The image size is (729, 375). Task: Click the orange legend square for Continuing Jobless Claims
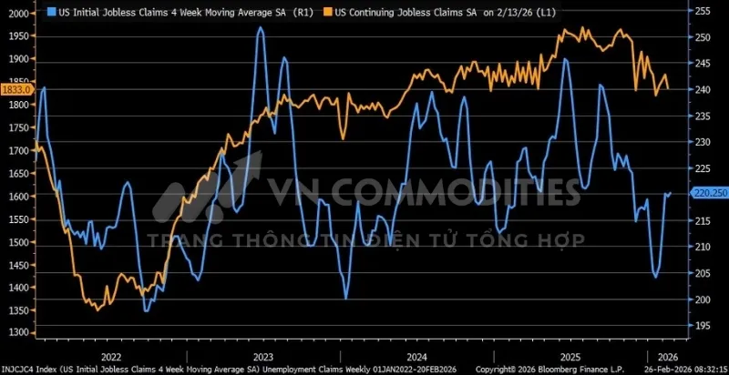(326, 13)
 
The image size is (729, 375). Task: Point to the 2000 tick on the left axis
(17, 13)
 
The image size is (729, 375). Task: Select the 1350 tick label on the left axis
(17, 310)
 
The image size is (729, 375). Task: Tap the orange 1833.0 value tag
(16, 90)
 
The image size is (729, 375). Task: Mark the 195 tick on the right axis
(703, 325)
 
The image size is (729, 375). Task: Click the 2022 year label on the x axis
(111, 356)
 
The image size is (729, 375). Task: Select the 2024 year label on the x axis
(416, 356)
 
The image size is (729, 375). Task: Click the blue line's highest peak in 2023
(261, 29)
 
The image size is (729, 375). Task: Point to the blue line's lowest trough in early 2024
(346, 297)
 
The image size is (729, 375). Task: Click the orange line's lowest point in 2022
(98, 310)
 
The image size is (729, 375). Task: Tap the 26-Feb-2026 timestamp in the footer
(683, 369)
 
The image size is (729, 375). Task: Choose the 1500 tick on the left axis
(17, 242)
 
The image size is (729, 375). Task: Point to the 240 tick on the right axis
(703, 89)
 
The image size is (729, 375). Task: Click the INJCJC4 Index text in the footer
(27, 369)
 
